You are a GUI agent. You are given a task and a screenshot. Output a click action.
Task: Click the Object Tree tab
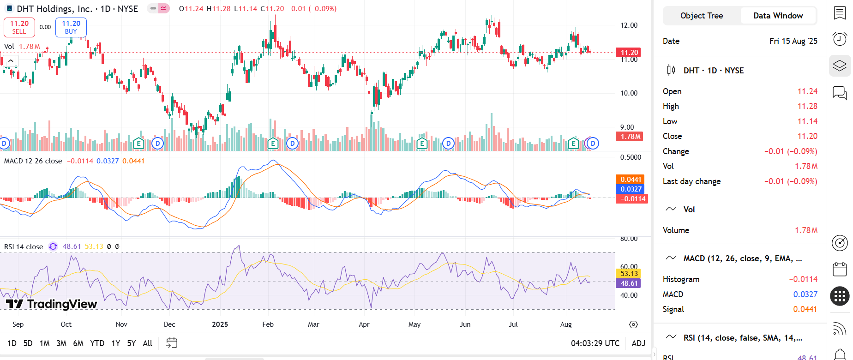click(x=702, y=16)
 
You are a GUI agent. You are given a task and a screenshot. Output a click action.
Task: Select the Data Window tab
click(x=778, y=16)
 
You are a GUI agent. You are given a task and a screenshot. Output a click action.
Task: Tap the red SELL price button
click(x=19, y=27)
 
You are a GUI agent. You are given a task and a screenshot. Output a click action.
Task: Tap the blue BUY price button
click(x=71, y=27)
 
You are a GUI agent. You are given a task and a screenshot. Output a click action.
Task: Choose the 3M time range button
click(x=61, y=343)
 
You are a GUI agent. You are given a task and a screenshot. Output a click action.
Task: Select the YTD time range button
click(x=97, y=343)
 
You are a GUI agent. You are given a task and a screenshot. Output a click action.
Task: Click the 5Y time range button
click(x=132, y=343)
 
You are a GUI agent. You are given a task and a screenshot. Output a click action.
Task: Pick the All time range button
click(x=147, y=343)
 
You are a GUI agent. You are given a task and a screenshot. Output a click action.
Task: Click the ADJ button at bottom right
click(x=638, y=343)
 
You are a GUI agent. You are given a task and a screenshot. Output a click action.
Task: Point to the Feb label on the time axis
click(x=268, y=324)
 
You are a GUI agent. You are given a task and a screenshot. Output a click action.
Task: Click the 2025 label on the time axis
click(x=220, y=324)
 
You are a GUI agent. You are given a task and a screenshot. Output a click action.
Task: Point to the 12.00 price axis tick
click(x=629, y=25)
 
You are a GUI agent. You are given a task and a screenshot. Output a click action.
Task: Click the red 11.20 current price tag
click(x=629, y=53)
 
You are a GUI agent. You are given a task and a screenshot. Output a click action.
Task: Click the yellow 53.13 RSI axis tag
click(x=629, y=274)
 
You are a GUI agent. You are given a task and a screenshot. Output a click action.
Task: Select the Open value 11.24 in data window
click(x=807, y=91)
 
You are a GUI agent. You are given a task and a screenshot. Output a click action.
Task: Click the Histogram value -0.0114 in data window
click(x=803, y=279)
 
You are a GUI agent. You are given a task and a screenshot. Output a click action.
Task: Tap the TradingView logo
click(x=52, y=304)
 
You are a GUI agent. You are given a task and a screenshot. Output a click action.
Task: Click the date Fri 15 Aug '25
click(x=793, y=41)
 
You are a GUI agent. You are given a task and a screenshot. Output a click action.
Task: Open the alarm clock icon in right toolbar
click(x=840, y=39)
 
